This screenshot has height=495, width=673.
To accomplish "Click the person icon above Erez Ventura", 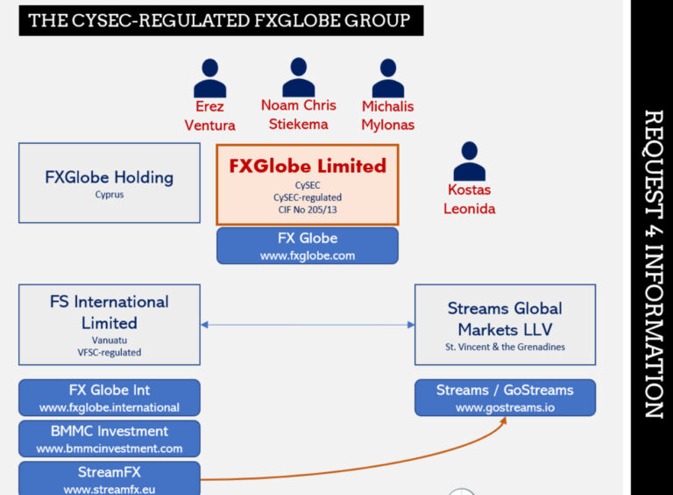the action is pyautogui.click(x=209, y=78).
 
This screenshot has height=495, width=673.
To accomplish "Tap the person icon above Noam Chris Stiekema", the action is pyautogui.click(x=298, y=77).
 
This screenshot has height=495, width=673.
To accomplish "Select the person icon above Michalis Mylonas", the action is pyautogui.click(x=388, y=78).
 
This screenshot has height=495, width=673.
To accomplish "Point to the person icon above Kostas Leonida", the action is pyautogui.click(x=469, y=161).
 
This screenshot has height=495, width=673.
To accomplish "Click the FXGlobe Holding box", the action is pyautogui.click(x=110, y=183).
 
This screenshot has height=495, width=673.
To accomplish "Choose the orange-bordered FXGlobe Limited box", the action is pyautogui.click(x=308, y=185).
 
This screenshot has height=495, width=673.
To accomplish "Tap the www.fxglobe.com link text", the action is pyautogui.click(x=308, y=256).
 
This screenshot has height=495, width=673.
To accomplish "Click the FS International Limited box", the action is pyautogui.click(x=110, y=325).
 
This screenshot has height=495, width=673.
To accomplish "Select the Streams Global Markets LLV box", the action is pyautogui.click(x=505, y=325).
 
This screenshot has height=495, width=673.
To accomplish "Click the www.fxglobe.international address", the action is pyautogui.click(x=110, y=408).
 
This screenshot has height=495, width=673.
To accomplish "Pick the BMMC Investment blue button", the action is pyautogui.click(x=110, y=439).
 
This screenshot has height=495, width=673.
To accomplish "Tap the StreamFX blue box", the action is pyautogui.click(x=110, y=478).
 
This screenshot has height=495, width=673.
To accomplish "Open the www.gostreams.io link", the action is pyautogui.click(x=505, y=408).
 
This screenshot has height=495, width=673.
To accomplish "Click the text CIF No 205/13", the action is pyautogui.click(x=308, y=210).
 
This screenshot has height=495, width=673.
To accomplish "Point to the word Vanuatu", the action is pyautogui.click(x=110, y=341).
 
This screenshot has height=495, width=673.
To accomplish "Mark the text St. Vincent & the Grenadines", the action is pyautogui.click(x=505, y=348).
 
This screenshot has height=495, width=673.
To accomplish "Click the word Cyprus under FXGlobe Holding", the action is pyautogui.click(x=110, y=195).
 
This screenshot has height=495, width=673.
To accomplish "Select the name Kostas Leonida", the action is pyautogui.click(x=469, y=199).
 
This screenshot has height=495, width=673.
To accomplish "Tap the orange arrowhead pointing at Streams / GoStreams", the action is pyautogui.click(x=504, y=420).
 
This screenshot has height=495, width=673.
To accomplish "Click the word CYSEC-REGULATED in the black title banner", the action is pyautogui.click(x=160, y=21).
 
